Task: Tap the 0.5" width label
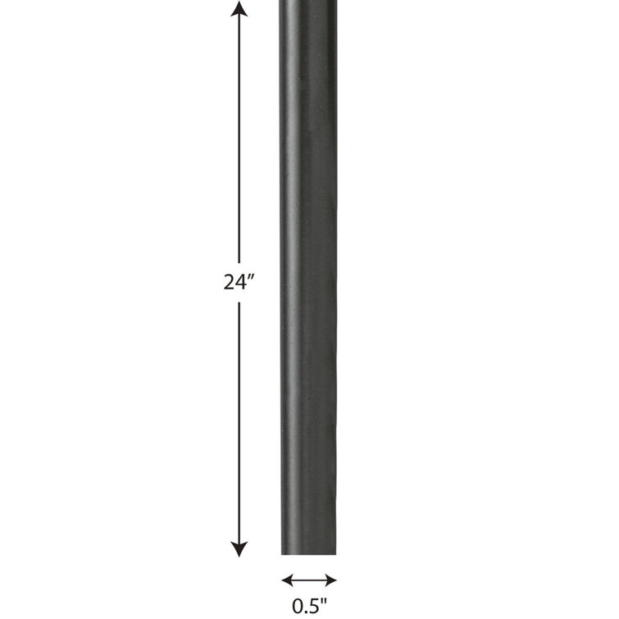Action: pos(308,608)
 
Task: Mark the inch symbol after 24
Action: pos(253,278)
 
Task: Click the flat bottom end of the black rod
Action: pos(308,553)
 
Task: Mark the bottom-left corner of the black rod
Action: pos(282,553)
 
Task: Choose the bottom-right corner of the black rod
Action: pos(335,553)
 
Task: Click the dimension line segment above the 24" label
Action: pos(239,139)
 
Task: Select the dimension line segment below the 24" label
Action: pos(239,418)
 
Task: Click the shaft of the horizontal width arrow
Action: pos(308,580)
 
